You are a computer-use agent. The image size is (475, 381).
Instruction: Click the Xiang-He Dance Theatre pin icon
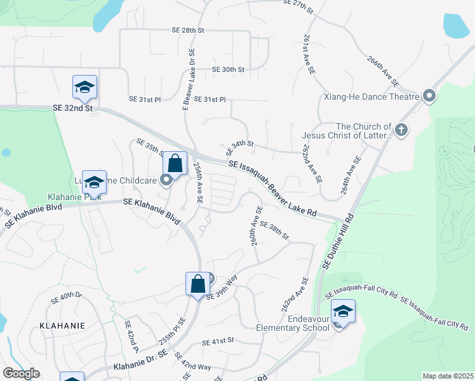click(429, 97)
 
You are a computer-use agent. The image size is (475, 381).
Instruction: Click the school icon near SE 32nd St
click(84, 88)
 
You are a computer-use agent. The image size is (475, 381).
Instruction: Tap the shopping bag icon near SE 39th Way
click(197, 283)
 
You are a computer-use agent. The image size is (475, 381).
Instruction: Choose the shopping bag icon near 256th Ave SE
click(175, 163)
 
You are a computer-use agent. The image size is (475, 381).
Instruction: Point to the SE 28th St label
click(187, 30)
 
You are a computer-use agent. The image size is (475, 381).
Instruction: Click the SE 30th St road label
click(228, 69)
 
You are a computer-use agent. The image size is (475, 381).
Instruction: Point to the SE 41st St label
click(218, 342)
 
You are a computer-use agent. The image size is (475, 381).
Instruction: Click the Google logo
click(21, 373)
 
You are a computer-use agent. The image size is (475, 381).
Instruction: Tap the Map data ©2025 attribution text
click(448, 376)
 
